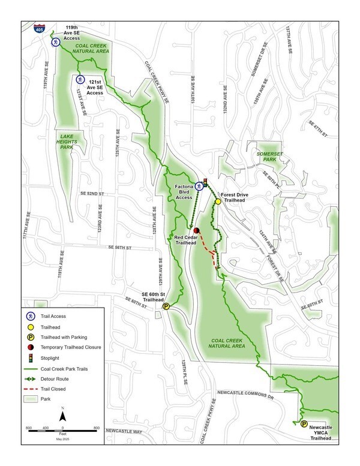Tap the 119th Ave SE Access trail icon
point(55,42)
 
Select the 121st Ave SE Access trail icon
point(80,79)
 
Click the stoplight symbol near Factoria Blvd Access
point(206,183)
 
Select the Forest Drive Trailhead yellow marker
point(218,202)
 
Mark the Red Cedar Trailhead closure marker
point(196,230)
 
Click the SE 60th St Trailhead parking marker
point(166,306)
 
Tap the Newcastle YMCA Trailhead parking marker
point(304,424)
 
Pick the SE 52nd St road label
point(92,194)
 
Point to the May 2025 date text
point(63,440)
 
